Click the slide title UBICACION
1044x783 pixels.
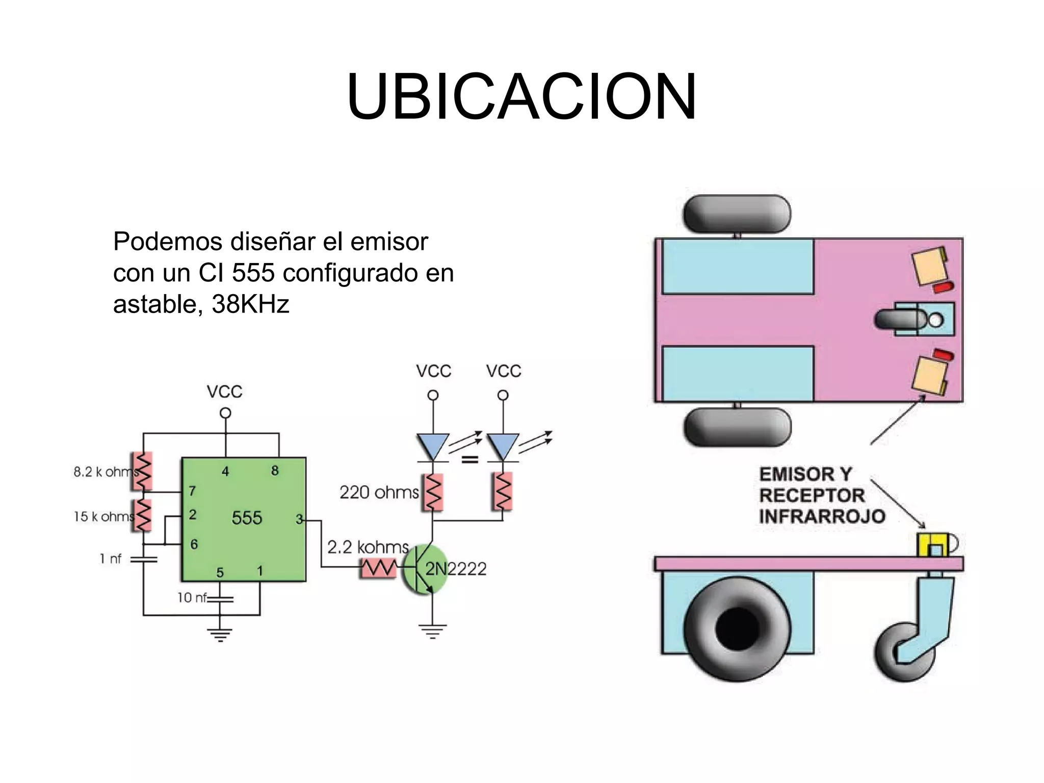(521, 97)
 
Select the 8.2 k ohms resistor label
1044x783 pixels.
(105, 472)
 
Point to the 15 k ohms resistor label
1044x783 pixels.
(103, 517)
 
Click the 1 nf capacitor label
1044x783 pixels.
(111, 559)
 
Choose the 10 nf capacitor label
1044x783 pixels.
(192, 597)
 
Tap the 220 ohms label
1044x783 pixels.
(379, 492)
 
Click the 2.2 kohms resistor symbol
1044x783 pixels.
(378, 567)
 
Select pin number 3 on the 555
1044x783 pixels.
(299, 519)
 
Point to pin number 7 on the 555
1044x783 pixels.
(192, 491)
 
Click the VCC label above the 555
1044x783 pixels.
(224, 392)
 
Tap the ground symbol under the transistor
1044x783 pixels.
(432, 632)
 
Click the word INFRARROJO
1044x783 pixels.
(822, 516)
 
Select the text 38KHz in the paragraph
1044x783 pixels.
(250, 304)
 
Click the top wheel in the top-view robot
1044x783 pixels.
(737, 214)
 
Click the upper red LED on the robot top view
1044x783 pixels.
(943, 288)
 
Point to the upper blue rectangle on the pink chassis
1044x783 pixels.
(738, 266)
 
